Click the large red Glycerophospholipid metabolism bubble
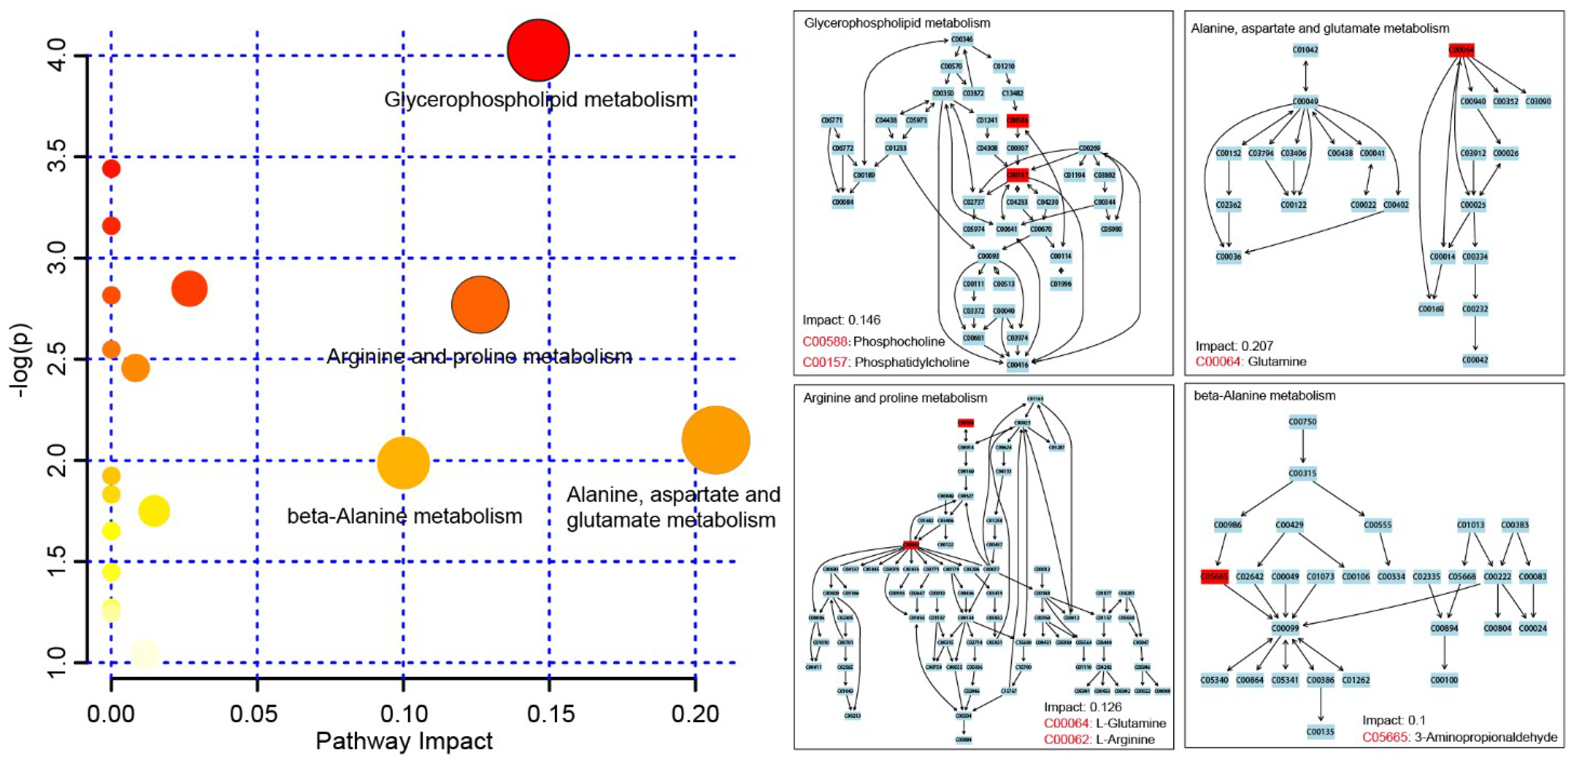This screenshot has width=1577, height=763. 538,50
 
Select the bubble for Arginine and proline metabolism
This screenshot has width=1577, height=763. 480,304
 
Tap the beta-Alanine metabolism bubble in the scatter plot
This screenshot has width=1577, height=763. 403,463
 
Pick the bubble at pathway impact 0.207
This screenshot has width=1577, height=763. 715,440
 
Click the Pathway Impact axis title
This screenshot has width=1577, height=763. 404,741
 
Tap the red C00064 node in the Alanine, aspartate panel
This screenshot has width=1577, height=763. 1461,50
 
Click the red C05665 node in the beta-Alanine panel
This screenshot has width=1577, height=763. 1214,576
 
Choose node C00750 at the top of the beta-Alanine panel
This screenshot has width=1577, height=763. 1302,422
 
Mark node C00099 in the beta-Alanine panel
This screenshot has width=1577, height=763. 1284,628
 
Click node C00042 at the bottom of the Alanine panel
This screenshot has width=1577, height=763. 1475,360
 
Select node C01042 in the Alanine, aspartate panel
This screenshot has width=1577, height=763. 1305,50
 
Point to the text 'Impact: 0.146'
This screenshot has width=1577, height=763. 841,320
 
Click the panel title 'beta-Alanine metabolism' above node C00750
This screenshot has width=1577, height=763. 1264,396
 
